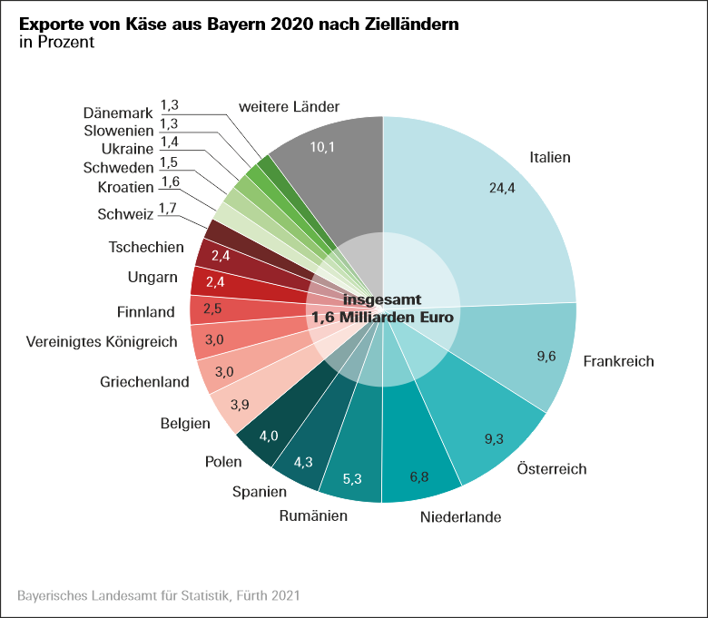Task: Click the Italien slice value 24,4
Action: pyautogui.click(x=503, y=189)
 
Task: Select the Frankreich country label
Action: pyautogui.click(x=618, y=361)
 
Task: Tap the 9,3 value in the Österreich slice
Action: pyautogui.click(x=494, y=439)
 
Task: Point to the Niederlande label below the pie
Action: pyautogui.click(x=461, y=518)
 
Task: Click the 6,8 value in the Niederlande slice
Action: pyautogui.click(x=420, y=476)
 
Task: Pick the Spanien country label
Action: pyautogui.click(x=258, y=492)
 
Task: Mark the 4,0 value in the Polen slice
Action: pyautogui.click(x=269, y=436)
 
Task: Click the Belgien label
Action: pyautogui.click(x=185, y=423)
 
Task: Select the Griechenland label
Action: pyautogui.click(x=144, y=381)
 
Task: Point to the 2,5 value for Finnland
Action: pyautogui.click(x=212, y=309)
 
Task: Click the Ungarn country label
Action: pyautogui.click(x=153, y=278)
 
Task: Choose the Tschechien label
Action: pyautogui.click(x=146, y=247)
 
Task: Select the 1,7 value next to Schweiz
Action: pyautogui.click(x=167, y=209)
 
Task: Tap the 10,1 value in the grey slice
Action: pyautogui.click(x=323, y=147)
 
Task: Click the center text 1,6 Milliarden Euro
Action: pyautogui.click(x=382, y=319)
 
